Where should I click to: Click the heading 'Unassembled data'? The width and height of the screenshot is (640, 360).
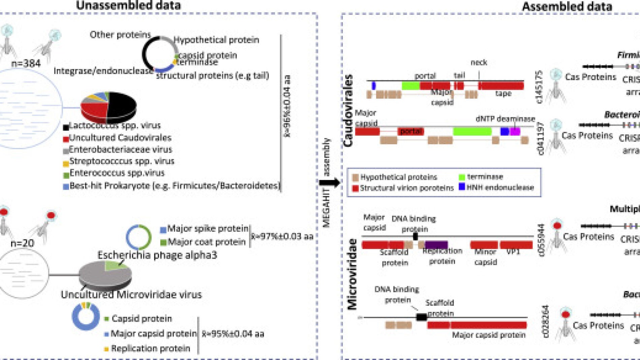(x=128, y=5)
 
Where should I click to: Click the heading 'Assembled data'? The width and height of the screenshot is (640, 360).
(x=567, y=6)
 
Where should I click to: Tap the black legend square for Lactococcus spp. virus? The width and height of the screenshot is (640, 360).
(x=66, y=127)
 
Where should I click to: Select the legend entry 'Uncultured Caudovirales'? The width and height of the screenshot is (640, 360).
(x=120, y=138)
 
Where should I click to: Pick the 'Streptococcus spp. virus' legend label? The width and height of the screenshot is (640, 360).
(x=122, y=161)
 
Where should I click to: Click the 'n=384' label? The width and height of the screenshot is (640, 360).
(x=26, y=63)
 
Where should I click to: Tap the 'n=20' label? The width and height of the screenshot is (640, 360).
(x=22, y=243)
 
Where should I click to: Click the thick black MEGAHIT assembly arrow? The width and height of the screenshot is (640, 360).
(x=329, y=183)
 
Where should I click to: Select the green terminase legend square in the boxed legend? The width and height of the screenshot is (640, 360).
(x=462, y=177)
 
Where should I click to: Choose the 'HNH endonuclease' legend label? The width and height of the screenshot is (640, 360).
(x=500, y=187)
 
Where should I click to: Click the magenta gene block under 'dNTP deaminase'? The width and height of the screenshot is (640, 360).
(x=515, y=131)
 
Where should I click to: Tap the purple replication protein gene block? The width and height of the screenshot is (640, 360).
(x=437, y=245)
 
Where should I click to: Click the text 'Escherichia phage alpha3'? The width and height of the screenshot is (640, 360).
(x=157, y=255)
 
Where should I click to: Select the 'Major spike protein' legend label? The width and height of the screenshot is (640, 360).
(x=207, y=229)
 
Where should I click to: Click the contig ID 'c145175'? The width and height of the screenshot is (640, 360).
(x=539, y=87)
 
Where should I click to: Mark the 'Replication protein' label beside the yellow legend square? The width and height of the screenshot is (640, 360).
(x=150, y=348)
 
